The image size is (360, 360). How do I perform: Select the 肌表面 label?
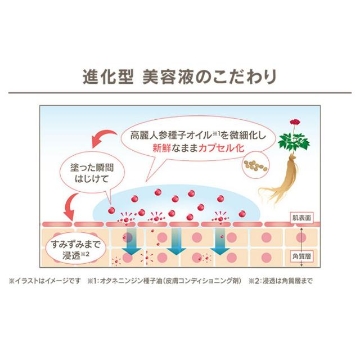[303, 217]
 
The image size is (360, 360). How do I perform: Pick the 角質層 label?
[303, 254]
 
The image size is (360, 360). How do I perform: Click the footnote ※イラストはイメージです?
[46, 281]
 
